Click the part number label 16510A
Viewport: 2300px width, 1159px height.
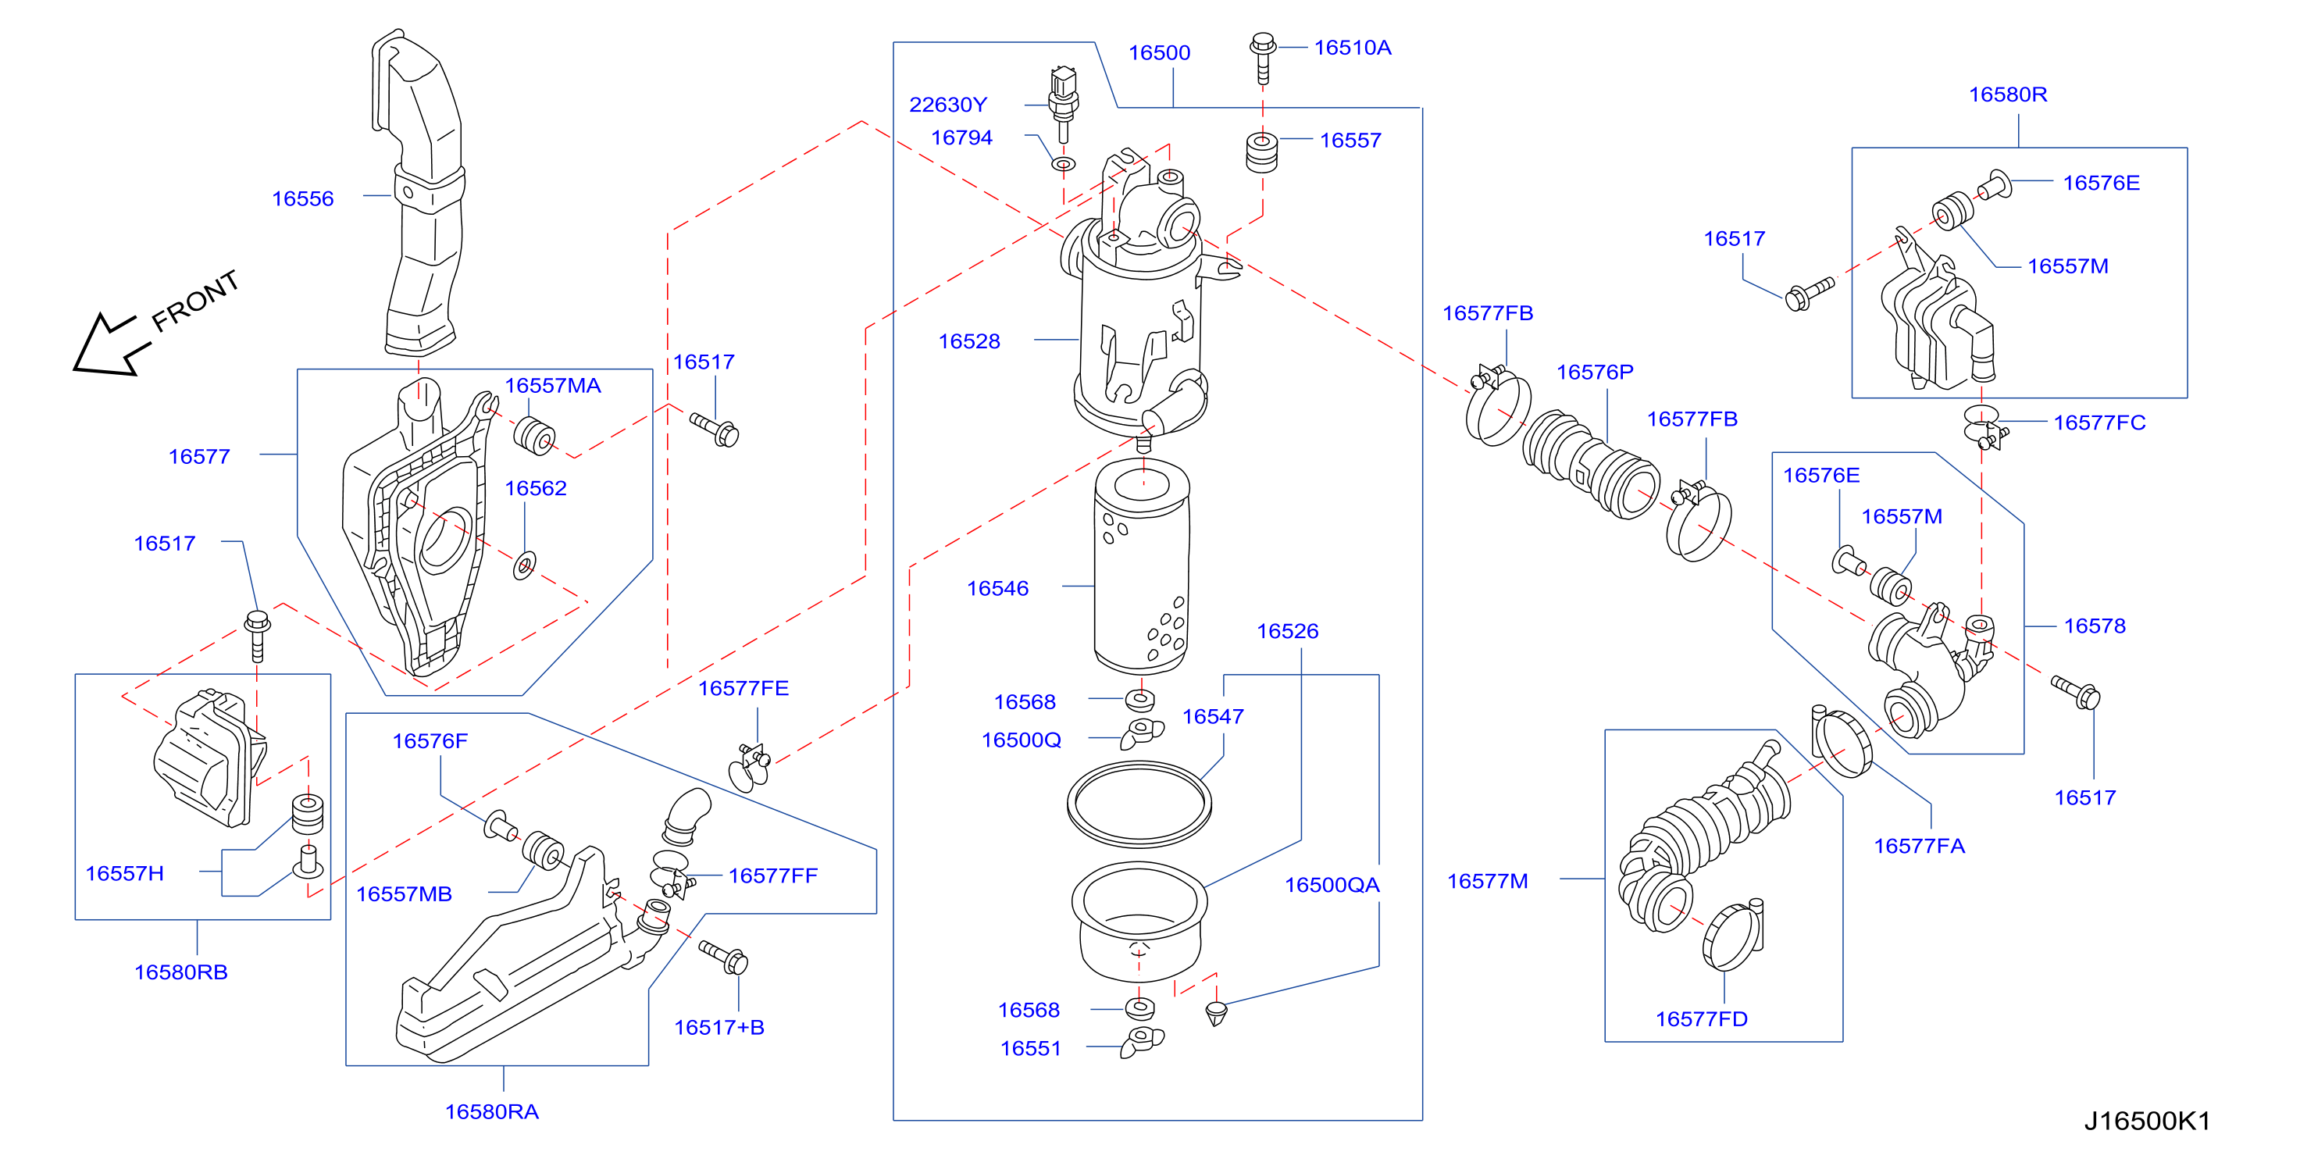(1352, 48)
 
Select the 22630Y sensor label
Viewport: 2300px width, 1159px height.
(947, 105)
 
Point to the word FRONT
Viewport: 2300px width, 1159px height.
(195, 300)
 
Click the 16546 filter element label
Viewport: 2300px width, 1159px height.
(997, 588)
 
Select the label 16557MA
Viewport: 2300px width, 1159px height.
(553, 386)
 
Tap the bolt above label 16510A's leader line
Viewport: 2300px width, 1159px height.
(1263, 57)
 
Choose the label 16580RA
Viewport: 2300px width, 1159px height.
(492, 1111)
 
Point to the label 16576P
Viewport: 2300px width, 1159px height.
(1595, 372)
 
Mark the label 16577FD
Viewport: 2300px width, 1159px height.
(1701, 1019)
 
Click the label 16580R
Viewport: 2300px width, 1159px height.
(2008, 94)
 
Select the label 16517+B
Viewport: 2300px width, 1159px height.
(719, 1027)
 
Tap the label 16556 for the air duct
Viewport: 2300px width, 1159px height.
(303, 198)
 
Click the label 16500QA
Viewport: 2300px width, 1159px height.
(1332, 885)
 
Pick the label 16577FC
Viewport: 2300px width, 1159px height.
(2099, 423)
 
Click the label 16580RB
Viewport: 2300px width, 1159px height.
(180, 972)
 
